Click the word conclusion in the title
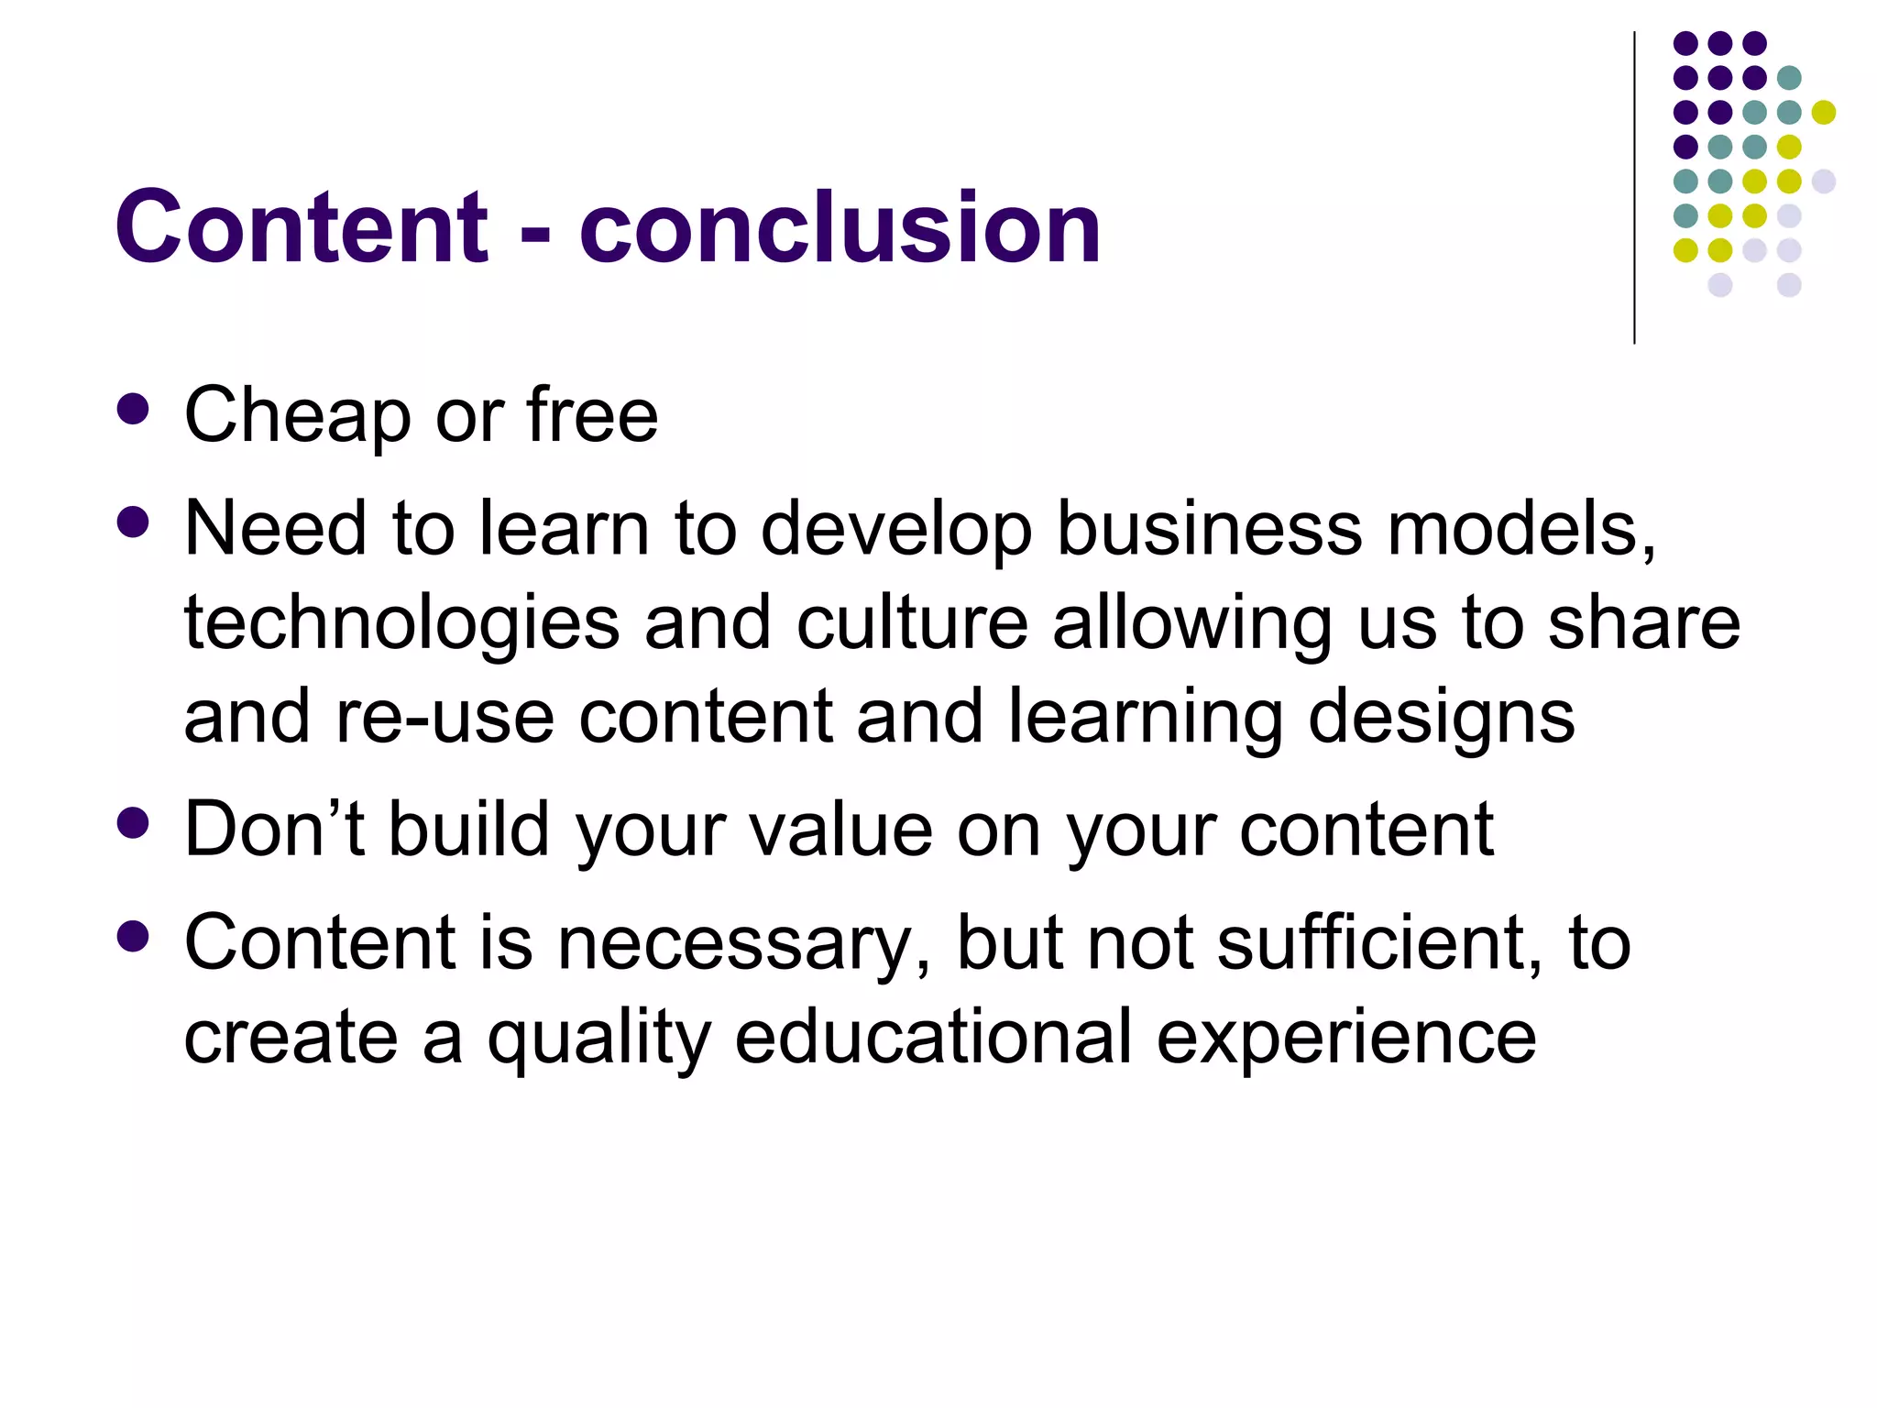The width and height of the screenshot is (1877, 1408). [840, 226]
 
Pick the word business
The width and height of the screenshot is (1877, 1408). [1210, 529]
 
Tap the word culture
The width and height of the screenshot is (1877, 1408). [912, 623]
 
